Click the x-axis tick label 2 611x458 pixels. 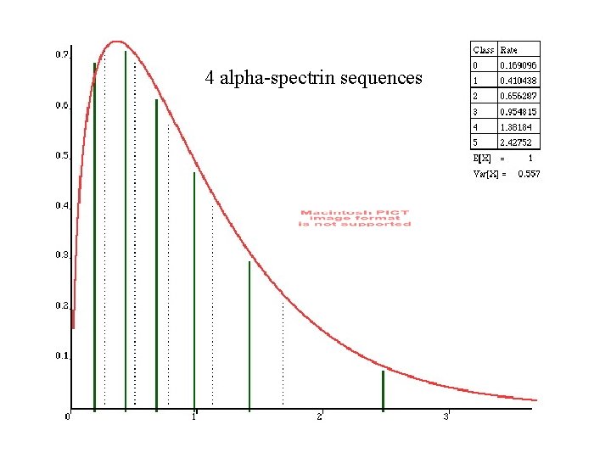320,416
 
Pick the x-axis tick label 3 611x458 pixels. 446,416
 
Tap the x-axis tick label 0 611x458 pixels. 68,416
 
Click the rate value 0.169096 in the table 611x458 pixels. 518,65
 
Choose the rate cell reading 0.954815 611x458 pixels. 518,112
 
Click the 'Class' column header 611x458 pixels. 483,50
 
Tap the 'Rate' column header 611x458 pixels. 509,50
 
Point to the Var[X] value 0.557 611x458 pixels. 529,174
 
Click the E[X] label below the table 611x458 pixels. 482,159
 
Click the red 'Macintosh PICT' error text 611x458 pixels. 355,218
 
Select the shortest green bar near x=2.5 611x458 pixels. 383,390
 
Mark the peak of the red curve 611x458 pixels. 117,41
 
